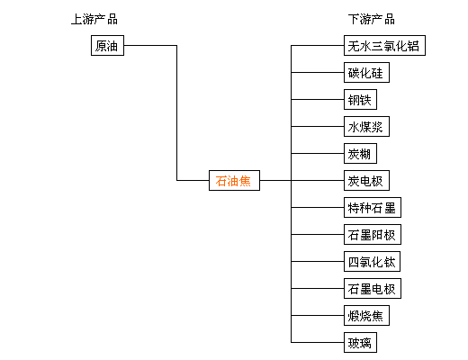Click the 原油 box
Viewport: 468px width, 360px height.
[107, 45]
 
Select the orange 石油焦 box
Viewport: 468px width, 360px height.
[234, 180]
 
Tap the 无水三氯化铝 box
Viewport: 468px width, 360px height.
[384, 45]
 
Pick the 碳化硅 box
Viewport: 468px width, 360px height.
[366, 72]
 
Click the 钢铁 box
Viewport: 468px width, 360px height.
[360, 99]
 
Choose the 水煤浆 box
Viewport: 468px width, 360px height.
[366, 126]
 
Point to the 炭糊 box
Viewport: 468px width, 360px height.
[360, 153]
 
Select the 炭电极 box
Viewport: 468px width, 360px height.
[366, 180]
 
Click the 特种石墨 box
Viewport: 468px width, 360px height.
[373, 207]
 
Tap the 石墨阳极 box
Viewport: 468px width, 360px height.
[373, 234]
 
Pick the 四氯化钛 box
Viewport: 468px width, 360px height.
[372, 261]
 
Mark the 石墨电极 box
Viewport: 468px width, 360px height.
[373, 288]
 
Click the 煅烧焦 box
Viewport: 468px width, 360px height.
[366, 315]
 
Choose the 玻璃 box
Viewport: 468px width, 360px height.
[360, 342]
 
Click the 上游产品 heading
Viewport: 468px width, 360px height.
[94, 19]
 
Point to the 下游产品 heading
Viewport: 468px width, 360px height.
[372, 19]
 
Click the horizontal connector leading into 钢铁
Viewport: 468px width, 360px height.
[318, 99]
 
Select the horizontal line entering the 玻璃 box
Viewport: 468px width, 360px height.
[318, 342]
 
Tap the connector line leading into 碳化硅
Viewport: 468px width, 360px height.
[318, 72]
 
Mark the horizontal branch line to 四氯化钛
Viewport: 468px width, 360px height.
[318, 261]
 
